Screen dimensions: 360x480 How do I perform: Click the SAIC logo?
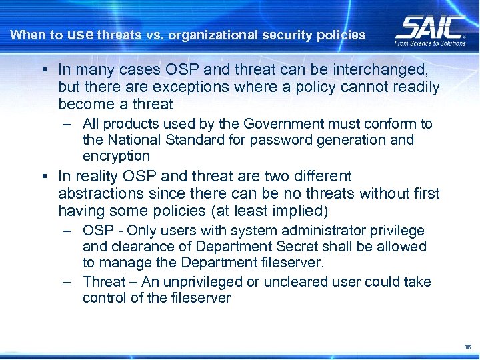[x=429, y=27]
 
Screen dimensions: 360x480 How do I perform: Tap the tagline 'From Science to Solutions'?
[x=430, y=43]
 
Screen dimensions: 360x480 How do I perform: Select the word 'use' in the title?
[x=81, y=34]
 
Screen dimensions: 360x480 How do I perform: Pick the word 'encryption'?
[x=116, y=156]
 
